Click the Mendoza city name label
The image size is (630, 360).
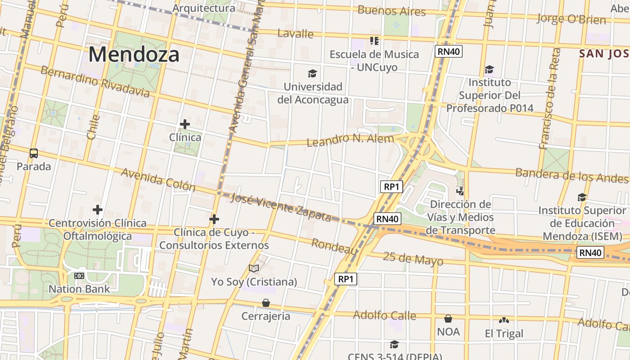pyautogui.click(x=134, y=54)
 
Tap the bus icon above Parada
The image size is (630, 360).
pyautogui.click(x=34, y=153)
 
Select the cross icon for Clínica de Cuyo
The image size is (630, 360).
pyautogui.click(x=214, y=219)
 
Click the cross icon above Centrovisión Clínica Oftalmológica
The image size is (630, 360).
pyautogui.click(x=98, y=210)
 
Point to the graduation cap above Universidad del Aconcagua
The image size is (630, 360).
pyautogui.click(x=312, y=73)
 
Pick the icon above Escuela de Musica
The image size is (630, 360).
pyautogui.click(x=374, y=41)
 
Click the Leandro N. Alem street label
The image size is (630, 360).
pyautogui.click(x=350, y=140)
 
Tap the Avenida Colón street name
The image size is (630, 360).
pyautogui.click(x=158, y=180)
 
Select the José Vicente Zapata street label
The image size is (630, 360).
pyautogui.click(x=281, y=207)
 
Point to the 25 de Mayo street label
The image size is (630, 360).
pyautogui.click(x=413, y=259)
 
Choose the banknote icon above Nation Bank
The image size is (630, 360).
pyautogui.click(x=79, y=275)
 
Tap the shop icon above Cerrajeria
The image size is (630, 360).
pyautogui.click(x=266, y=303)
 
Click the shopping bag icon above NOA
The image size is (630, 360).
pyautogui.click(x=448, y=319)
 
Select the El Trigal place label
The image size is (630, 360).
pyautogui.click(x=504, y=333)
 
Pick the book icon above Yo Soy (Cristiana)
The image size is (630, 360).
pyautogui.click(x=254, y=269)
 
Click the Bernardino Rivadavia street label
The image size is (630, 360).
pyautogui.click(x=95, y=82)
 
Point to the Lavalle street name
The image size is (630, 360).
pyautogui.click(x=295, y=33)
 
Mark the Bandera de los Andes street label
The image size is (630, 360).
pyautogui.click(x=571, y=175)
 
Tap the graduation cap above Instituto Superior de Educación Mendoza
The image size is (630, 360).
pyautogui.click(x=582, y=197)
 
